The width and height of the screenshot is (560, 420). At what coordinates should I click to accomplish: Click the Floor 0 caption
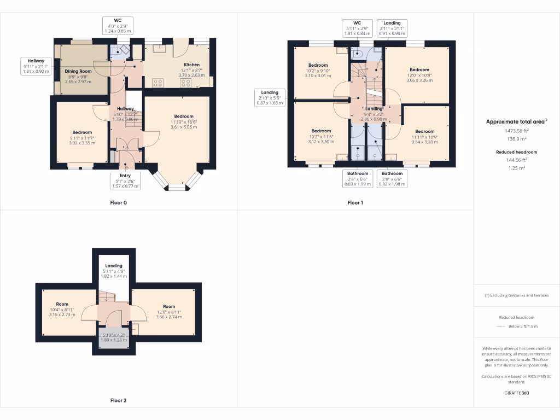(118, 202)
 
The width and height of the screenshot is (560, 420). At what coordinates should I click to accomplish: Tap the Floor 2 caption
(118, 400)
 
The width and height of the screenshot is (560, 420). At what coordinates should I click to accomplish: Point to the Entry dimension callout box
(126, 180)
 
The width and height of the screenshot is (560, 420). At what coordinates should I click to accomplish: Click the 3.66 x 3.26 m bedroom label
(419, 75)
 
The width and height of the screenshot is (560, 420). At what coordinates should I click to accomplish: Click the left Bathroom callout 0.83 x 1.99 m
(358, 179)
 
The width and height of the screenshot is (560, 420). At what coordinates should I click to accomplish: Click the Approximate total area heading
(516, 122)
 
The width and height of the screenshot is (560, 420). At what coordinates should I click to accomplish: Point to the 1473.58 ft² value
(516, 131)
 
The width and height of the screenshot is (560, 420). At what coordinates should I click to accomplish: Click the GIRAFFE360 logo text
(516, 393)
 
